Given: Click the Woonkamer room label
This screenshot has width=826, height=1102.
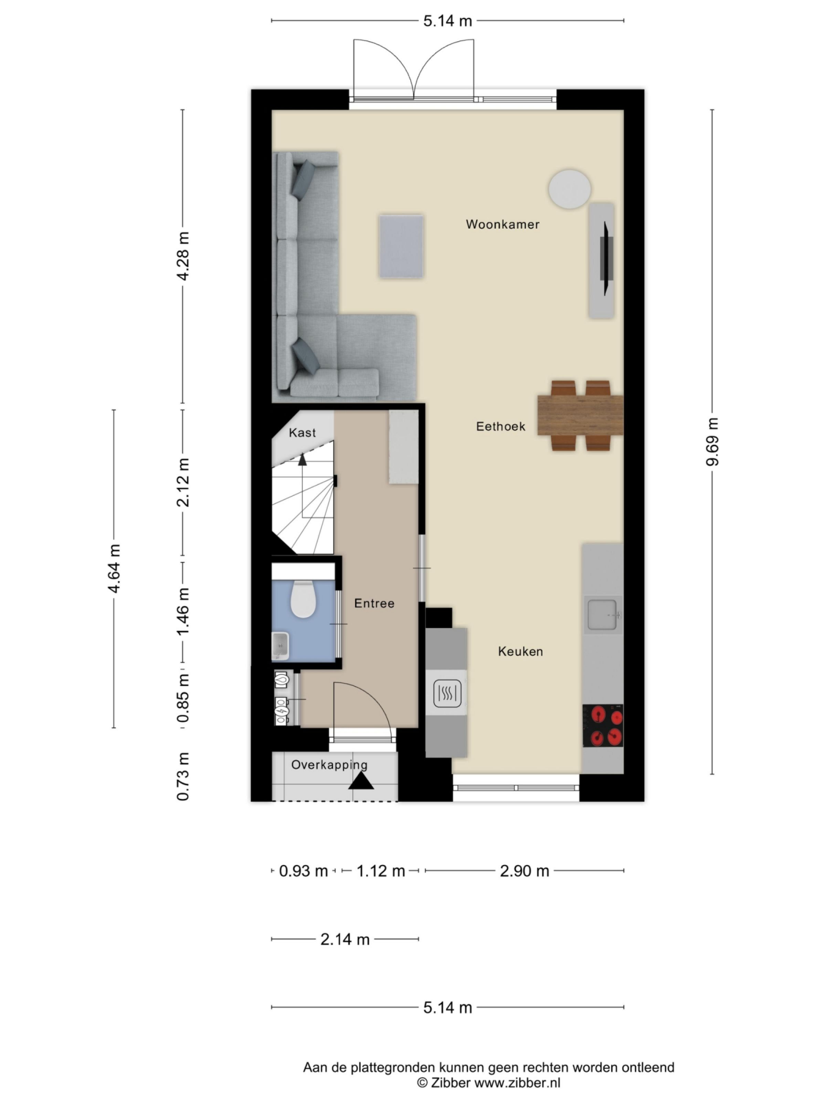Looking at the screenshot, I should (x=502, y=224).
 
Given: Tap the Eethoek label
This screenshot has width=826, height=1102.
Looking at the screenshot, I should (x=500, y=426).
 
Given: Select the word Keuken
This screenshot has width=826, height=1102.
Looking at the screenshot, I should (x=520, y=651).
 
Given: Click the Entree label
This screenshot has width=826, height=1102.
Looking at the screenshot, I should (x=374, y=603).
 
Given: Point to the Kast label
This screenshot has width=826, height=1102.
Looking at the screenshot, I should (x=302, y=433).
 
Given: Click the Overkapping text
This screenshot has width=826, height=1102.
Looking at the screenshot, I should (x=329, y=765).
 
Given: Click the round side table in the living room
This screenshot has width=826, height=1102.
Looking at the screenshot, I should (x=570, y=189).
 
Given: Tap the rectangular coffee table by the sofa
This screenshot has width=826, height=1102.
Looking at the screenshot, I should (x=401, y=246).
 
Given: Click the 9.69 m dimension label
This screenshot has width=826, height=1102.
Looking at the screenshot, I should (x=712, y=441).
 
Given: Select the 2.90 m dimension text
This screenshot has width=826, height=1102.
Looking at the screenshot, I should (x=524, y=871).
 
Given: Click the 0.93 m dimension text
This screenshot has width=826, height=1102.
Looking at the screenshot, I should (x=303, y=871).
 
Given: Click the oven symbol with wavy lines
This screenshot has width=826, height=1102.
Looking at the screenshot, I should (x=447, y=693).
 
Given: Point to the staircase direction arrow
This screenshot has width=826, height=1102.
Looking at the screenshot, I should (x=302, y=459).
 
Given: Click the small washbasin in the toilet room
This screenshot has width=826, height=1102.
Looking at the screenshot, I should (x=281, y=646).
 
